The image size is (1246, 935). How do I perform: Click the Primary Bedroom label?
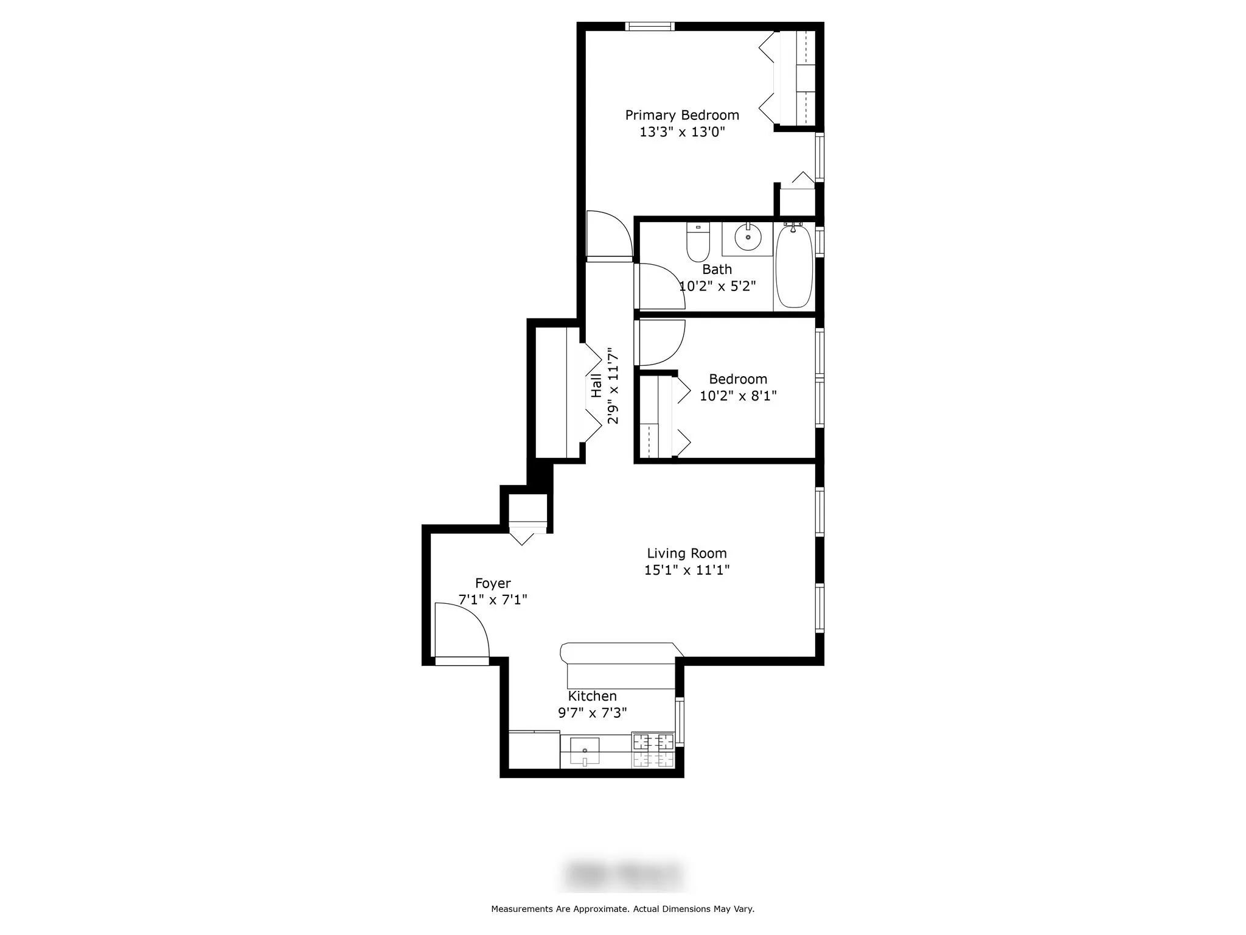coord(682,115)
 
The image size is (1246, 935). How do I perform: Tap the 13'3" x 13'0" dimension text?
coord(682,132)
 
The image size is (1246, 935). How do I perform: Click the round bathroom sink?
coord(748,237)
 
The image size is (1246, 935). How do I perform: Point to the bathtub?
coord(794,266)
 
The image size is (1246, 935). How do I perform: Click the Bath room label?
coord(717,269)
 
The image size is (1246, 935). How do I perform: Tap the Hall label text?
coord(597,386)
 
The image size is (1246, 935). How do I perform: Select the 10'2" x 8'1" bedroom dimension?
coord(738,396)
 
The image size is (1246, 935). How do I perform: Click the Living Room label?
coord(686,553)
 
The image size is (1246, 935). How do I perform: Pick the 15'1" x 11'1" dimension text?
coord(687,570)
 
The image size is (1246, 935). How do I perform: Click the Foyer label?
coord(493,583)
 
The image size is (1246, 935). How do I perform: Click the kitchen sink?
coord(584,751)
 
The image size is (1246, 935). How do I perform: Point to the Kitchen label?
coord(592,696)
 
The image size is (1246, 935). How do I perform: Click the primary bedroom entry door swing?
coord(608,235)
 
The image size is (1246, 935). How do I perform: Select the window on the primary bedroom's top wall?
coord(650,26)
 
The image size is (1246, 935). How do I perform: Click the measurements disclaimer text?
coord(622,909)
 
